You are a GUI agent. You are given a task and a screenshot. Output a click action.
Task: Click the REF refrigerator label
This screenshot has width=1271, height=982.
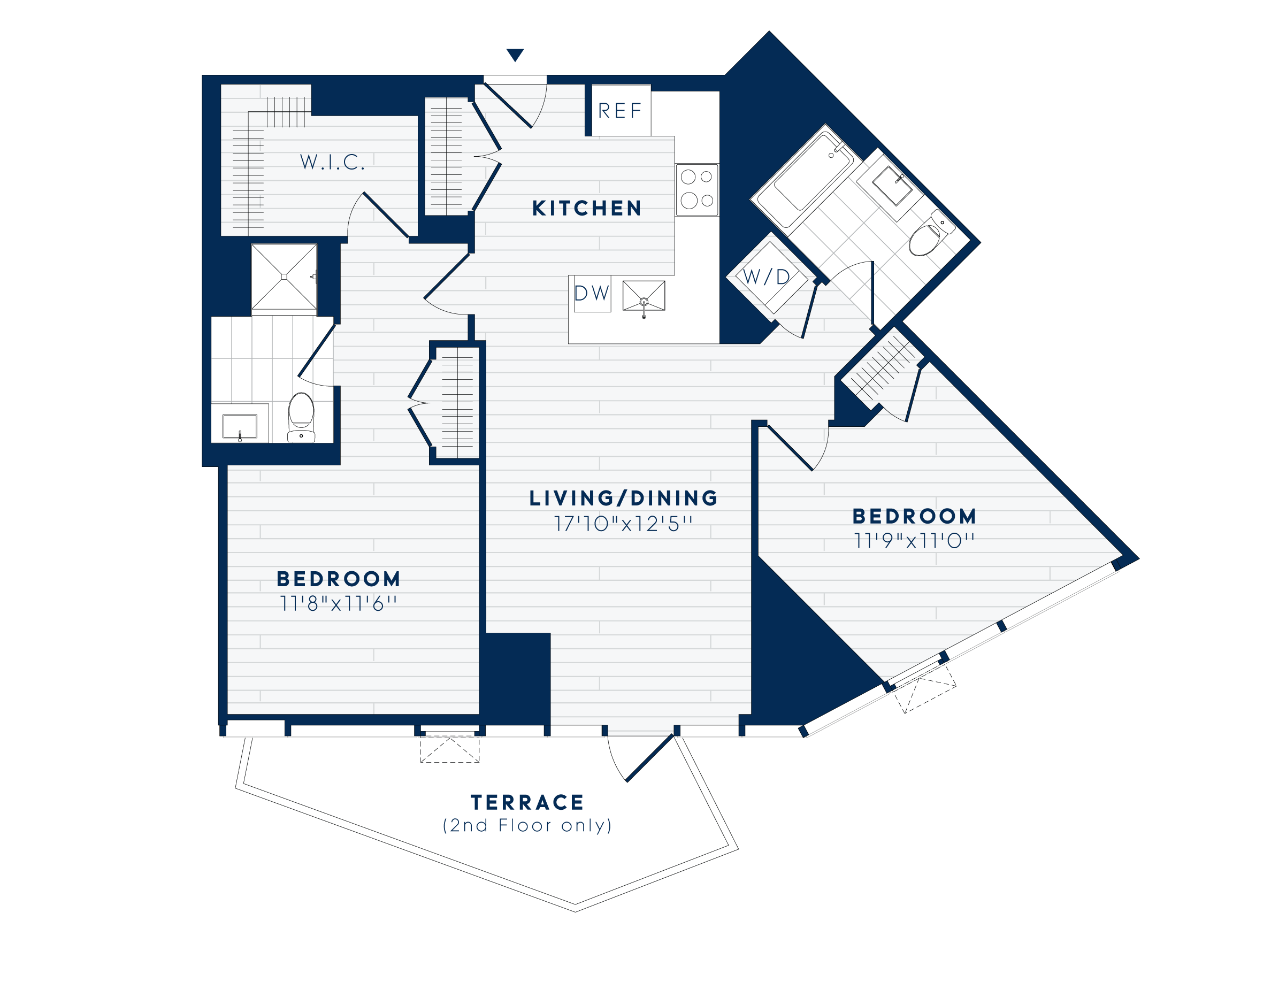click(620, 111)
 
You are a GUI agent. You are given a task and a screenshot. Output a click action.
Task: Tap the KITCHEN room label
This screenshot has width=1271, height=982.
click(587, 208)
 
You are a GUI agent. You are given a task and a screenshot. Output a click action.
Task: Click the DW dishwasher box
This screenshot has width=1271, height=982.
click(592, 294)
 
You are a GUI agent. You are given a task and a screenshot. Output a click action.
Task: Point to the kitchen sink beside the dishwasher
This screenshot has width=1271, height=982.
click(644, 296)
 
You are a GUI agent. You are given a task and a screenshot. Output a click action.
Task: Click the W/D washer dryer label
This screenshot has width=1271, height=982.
click(767, 278)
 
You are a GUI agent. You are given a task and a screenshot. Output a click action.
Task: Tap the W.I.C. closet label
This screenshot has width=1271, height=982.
click(332, 162)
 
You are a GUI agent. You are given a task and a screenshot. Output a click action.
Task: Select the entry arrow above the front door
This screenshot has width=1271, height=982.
click(515, 55)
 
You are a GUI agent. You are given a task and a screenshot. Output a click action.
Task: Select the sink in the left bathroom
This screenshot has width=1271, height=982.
click(240, 426)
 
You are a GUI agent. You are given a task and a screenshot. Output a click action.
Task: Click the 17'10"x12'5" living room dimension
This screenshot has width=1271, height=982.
click(623, 524)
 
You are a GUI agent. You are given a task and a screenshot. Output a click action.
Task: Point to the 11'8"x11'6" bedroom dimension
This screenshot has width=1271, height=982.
click(338, 604)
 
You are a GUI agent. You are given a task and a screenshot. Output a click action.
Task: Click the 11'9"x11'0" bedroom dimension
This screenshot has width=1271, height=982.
click(914, 541)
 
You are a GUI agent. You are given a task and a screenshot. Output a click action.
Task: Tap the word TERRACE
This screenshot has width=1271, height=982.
click(527, 803)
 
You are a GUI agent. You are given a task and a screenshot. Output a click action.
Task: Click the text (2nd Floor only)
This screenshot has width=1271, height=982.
click(527, 825)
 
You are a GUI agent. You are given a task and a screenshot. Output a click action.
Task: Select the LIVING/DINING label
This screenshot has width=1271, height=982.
click(623, 498)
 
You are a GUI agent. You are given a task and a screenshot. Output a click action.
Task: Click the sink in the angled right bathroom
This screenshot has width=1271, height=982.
click(893, 186)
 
